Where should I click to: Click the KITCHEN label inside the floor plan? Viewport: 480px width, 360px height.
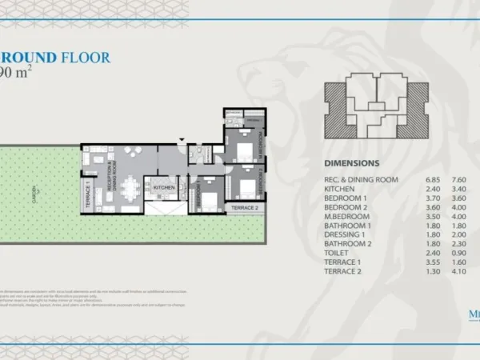(x=164, y=187)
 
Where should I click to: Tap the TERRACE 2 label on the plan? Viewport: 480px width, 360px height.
(x=245, y=208)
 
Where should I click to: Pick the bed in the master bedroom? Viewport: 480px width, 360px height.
(x=245, y=150)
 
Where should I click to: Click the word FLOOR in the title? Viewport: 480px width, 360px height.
(x=86, y=57)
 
